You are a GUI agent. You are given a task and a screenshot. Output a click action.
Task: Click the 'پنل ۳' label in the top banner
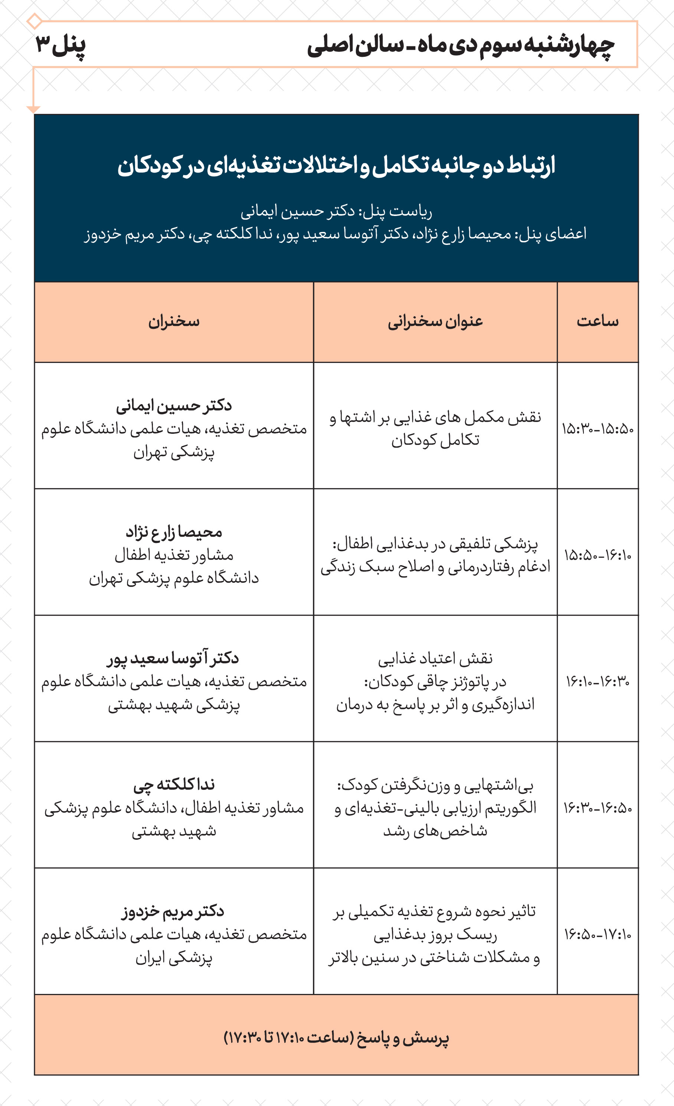pos(60,46)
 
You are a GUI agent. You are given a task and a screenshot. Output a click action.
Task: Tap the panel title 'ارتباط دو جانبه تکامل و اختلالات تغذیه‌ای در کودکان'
pos(336,166)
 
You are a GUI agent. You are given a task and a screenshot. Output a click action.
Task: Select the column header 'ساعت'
pos(597,321)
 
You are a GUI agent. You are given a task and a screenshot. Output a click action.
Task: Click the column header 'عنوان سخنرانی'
pos(435,321)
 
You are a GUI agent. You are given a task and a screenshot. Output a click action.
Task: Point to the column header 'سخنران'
pos(174,321)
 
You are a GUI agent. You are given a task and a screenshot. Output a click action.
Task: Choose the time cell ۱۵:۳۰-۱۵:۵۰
pos(597,429)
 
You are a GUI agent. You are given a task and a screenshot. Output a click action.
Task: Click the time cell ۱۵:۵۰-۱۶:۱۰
pos(597,556)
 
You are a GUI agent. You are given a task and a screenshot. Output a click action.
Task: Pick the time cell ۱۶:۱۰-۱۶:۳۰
pos(597,682)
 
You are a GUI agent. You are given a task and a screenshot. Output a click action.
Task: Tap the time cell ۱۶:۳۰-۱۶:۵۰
pos(597,808)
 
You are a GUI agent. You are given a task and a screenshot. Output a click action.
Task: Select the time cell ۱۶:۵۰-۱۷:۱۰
pos(597,935)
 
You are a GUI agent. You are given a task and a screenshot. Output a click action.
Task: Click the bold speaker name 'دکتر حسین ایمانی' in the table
pos(174,406)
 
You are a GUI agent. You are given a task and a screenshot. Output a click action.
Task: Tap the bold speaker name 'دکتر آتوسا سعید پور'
pos(173,658)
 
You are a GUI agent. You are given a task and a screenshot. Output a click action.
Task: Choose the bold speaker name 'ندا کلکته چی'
pos(174,785)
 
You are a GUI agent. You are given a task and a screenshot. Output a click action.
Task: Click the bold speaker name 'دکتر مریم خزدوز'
pos(173,911)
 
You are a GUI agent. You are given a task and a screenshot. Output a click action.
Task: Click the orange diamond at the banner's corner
pos(35,21)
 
